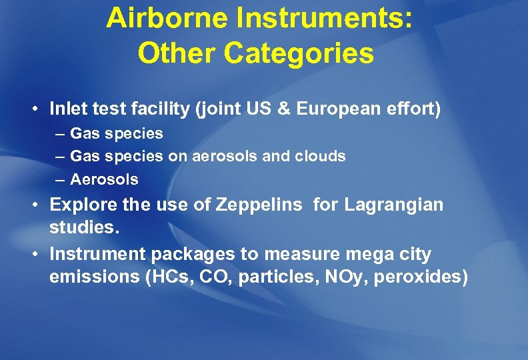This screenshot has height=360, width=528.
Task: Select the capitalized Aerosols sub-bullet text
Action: point(104,179)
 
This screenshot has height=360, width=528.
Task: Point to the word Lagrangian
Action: point(393,205)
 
